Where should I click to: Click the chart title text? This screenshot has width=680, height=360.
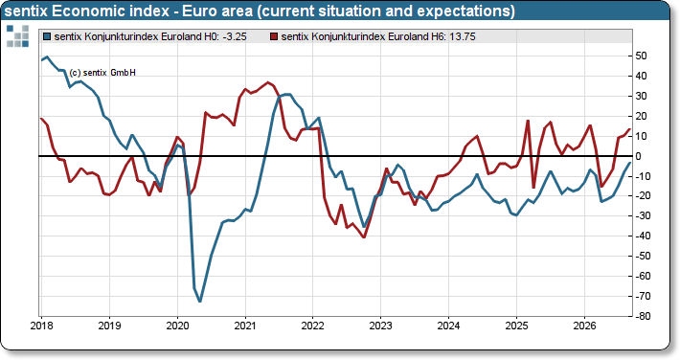coord(260,11)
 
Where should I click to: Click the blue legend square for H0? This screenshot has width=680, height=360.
coord(47,37)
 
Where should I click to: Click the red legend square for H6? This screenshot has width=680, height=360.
coord(274,37)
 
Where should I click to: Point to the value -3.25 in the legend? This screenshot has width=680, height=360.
coord(235,37)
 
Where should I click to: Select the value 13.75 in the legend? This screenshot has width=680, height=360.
coord(463,37)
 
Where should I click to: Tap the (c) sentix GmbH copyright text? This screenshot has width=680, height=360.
coord(102,73)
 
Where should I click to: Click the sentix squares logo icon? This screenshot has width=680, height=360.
coord(18,35)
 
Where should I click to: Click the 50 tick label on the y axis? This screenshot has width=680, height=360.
coord(641,56)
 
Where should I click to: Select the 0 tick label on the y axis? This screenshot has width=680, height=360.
coord(639,156)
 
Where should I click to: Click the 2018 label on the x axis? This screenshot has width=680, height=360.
coord(41,326)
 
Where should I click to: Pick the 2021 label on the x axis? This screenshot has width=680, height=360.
coord(245,326)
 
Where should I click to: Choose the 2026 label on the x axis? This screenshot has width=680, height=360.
coord(584,326)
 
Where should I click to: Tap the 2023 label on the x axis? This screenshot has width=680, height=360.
coord(381,326)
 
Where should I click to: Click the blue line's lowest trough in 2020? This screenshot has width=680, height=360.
coord(200,302)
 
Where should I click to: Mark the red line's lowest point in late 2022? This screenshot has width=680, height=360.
coord(364,237)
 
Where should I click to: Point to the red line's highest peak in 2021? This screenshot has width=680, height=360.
coord(267,82)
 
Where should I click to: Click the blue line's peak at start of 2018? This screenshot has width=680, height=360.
coord(47,56)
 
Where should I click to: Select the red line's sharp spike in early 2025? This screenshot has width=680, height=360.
coord(528,121)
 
